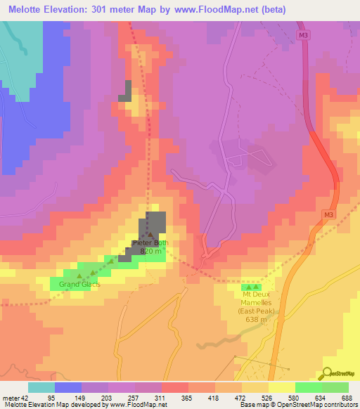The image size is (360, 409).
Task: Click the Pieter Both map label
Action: pyautogui.click(x=150, y=243)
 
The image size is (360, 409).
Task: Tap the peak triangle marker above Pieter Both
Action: pyautogui.click(x=150, y=234)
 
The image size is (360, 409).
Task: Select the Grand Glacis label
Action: pyautogui.click(x=79, y=284)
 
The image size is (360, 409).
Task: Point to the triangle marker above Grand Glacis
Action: pyautogui.click(x=79, y=275)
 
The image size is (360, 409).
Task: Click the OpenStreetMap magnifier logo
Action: pyautogui.click(x=327, y=373)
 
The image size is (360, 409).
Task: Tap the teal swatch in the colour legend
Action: pyautogui.click(x=41, y=387)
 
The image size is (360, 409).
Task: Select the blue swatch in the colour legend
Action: pyautogui.click(x=68, y=387)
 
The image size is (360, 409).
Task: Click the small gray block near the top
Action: pyautogui.click(x=125, y=91)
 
